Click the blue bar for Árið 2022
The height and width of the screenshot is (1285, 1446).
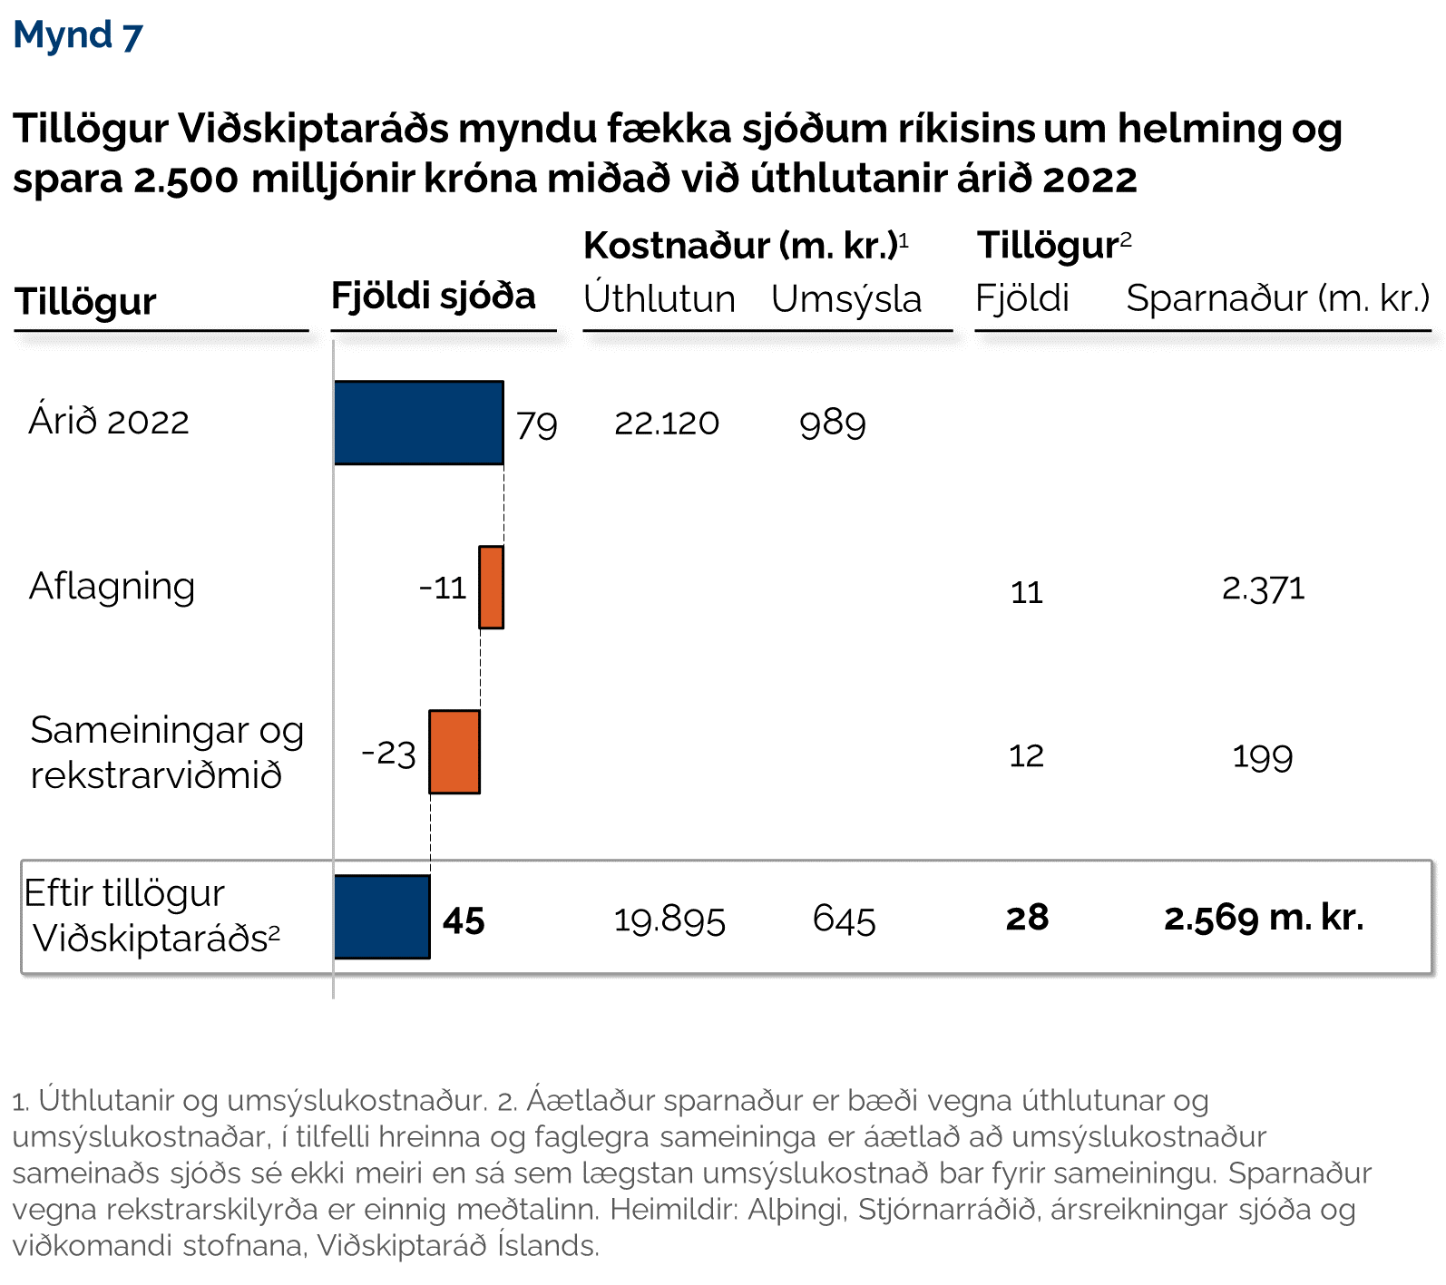coord(418,423)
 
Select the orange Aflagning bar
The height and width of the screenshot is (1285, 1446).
coord(491,587)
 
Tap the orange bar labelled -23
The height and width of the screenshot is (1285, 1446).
coord(454,752)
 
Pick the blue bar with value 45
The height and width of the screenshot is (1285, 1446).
coord(382,917)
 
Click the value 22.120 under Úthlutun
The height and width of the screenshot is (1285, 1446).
coord(667,423)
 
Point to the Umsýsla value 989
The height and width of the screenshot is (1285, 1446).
coord(833,423)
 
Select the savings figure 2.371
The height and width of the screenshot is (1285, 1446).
coord(1263,589)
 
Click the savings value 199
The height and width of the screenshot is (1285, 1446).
coord(1262,756)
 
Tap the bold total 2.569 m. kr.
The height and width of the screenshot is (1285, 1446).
coord(1264,918)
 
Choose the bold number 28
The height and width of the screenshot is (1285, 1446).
coord(1027,918)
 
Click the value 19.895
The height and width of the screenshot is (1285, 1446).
coord(669,920)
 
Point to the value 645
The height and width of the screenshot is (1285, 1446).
coord(844,920)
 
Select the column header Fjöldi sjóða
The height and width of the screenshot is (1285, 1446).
coord(433,297)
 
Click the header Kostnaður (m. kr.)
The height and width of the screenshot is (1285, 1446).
coord(745,246)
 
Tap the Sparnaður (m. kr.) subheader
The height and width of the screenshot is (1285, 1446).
coord(1277,298)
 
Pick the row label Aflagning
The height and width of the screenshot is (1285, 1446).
coord(112,587)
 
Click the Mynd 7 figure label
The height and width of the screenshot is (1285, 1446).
coord(78,35)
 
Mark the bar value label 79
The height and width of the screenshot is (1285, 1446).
coord(536,425)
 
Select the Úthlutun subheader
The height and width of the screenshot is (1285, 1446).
coord(659,298)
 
